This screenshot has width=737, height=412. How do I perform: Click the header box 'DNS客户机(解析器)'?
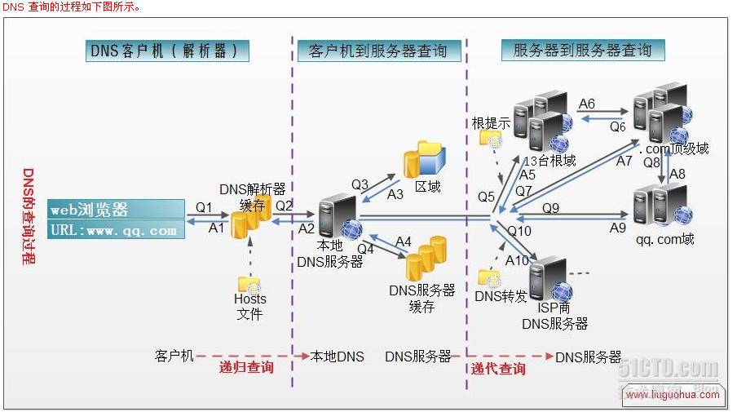(167, 51)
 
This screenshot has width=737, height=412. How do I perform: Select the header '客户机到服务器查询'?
(378, 51)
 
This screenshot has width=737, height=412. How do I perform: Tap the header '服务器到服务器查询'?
(582, 51)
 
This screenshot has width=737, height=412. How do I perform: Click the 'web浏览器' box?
(116, 210)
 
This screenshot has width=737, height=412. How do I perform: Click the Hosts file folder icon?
(249, 283)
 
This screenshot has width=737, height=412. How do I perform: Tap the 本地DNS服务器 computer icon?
(334, 217)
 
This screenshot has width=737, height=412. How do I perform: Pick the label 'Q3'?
(360, 184)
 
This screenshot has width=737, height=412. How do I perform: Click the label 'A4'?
(404, 241)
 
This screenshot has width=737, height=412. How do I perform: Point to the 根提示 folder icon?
(492, 139)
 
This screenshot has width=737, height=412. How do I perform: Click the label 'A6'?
(586, 104)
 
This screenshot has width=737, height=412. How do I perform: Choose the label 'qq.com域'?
(665, 240)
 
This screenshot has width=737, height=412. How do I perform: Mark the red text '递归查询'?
(245, 368)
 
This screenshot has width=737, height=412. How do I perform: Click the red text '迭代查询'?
(498, 369)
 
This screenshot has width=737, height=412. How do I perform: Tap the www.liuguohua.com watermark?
(673, 395)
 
